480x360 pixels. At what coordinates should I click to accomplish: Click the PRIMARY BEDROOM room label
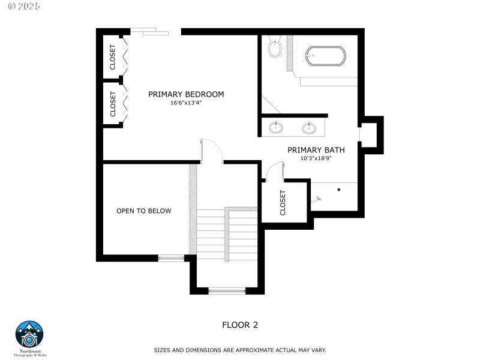point(186,94)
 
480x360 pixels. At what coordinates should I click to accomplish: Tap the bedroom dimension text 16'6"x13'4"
point(186,103)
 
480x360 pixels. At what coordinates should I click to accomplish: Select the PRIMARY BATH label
point(316,150)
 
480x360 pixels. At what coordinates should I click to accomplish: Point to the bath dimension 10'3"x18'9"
point(316,158)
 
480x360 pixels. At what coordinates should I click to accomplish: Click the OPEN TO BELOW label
point(143,211)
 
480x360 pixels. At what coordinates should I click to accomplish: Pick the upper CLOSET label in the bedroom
point(113,57)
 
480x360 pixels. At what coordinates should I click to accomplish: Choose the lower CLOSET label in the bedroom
point(113,104)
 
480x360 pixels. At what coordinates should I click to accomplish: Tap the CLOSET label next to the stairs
point(283,203)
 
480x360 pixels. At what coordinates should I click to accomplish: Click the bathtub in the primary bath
point(325,56)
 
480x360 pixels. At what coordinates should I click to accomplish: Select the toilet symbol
point(275,47)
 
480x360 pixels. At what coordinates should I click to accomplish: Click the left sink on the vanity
point(277,127)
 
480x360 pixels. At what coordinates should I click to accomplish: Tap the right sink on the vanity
point(310,127)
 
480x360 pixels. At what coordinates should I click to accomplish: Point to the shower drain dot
point(339,190)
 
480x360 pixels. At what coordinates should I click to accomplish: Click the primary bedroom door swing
point(211,150)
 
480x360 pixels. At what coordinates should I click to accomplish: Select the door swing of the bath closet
point(274,172)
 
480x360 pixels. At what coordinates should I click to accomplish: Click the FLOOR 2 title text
point(240,325)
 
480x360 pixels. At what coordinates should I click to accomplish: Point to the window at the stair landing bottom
point(227,292)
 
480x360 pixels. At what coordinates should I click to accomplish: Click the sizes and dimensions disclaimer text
point(240,350)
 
